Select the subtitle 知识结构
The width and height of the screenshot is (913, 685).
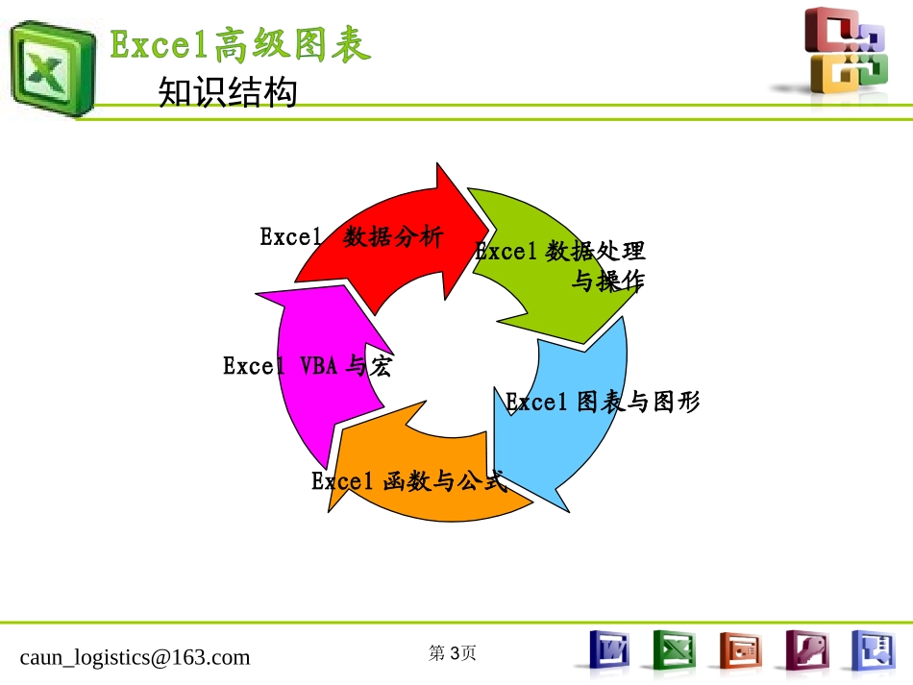[227, 94]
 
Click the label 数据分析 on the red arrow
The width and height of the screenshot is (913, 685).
[393, 237]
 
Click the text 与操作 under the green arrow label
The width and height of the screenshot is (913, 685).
[607, 281]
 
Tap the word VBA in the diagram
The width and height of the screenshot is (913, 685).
[318, 366]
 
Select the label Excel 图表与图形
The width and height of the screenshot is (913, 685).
[603, 403]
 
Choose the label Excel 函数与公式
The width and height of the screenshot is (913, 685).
[407, 481]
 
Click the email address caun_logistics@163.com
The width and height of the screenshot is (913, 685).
[135, 657]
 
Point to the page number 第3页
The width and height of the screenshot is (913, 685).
[452, 653]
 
